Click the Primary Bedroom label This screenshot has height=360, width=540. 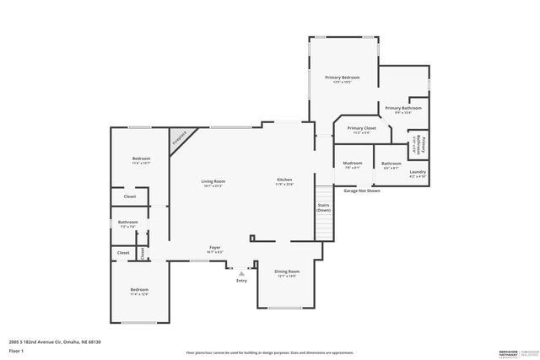point(343,79)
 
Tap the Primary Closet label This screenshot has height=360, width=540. point(360,130)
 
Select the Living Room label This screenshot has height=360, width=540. point(213,183)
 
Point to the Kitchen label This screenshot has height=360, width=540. point(285,181)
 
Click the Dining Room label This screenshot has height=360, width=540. point(289,273)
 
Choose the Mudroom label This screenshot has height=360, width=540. point(353,164)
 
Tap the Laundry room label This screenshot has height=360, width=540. point(418,174)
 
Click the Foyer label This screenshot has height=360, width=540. point(215,249)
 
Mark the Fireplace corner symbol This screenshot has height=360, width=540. point(181,139)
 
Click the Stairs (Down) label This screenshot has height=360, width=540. point(323,207)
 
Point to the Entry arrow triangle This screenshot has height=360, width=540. point(242,273)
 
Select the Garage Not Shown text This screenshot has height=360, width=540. point(362,191)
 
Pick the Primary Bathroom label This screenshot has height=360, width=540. point(403,110)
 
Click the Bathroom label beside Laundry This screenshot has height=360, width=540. point(391,164)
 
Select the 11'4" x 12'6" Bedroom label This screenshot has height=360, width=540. point(139,292)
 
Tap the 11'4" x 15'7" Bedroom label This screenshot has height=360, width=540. point(141,161)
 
